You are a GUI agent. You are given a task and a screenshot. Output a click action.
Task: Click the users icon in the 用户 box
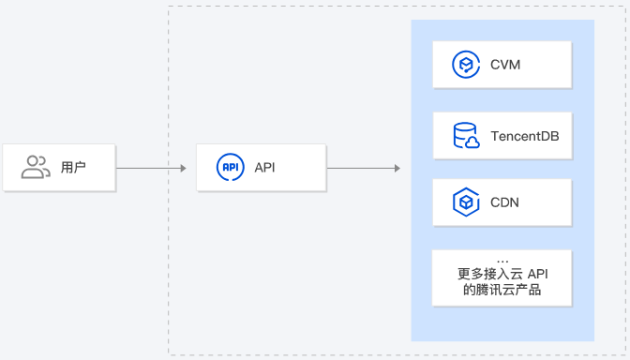36,168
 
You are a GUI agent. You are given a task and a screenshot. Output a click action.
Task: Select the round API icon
230,168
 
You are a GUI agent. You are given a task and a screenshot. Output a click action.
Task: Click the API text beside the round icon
265,168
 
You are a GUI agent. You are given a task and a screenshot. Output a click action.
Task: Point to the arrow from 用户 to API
150,168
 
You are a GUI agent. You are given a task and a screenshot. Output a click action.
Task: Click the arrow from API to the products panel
362,168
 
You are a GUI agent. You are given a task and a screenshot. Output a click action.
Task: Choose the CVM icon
466,65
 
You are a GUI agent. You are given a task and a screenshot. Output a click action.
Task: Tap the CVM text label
505,66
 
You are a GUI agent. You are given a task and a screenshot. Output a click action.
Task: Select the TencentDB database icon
466,136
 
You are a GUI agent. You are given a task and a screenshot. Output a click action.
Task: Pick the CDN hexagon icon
466,202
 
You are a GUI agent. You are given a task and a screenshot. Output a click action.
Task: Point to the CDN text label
504,202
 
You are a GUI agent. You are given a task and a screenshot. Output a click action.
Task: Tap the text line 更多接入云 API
502,274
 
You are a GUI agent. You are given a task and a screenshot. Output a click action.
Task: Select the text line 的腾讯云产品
502,291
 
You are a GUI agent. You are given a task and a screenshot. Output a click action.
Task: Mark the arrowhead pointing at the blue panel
397,168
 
